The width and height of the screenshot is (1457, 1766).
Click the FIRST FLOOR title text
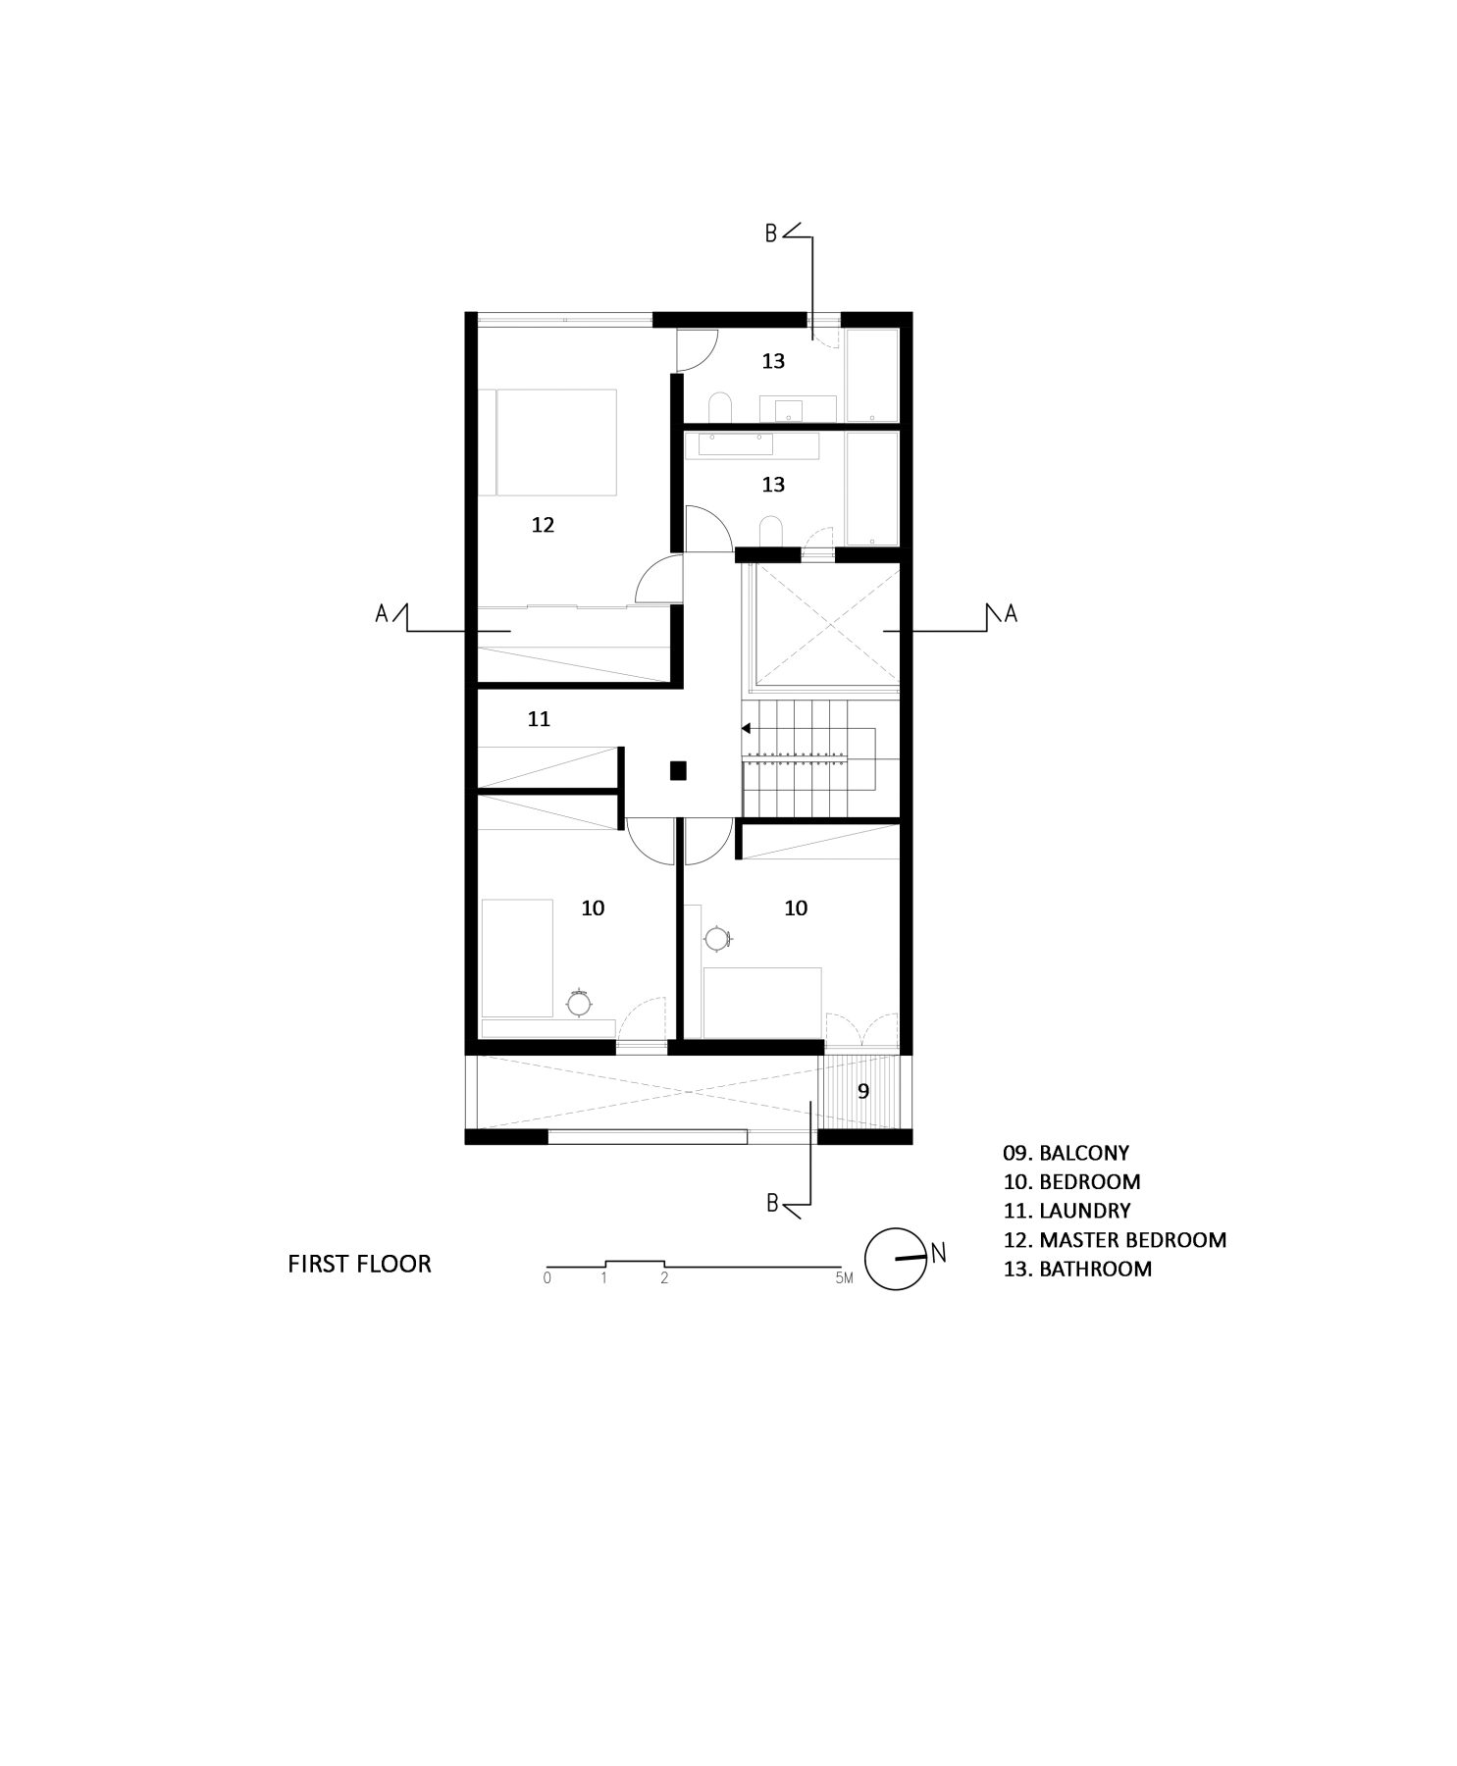coord(359,1264)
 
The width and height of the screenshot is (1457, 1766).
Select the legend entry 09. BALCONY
coord(1067,1153)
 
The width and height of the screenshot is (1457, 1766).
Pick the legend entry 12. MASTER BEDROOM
coord(1115,1239)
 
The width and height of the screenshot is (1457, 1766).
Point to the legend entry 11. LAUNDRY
coord(1067,1211)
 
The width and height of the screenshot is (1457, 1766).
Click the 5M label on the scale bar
coord(844,1278)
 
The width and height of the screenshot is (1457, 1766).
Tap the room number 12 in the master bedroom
coord(543,525)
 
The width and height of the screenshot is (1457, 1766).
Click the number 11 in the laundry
coord(539,719)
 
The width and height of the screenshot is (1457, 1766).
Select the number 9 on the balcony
coord(863,1091)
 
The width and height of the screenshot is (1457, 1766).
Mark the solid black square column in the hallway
coord(678,770)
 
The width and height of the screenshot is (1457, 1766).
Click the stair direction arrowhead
coord(746,728)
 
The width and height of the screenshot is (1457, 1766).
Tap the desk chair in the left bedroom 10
coord(579,1003)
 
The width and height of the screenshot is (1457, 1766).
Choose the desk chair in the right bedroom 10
coord(717,938)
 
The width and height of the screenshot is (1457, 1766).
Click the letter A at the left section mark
coord(382,613)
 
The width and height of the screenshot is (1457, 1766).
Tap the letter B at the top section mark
coord(771,234)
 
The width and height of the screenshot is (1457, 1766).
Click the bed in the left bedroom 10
coord(516,958)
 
